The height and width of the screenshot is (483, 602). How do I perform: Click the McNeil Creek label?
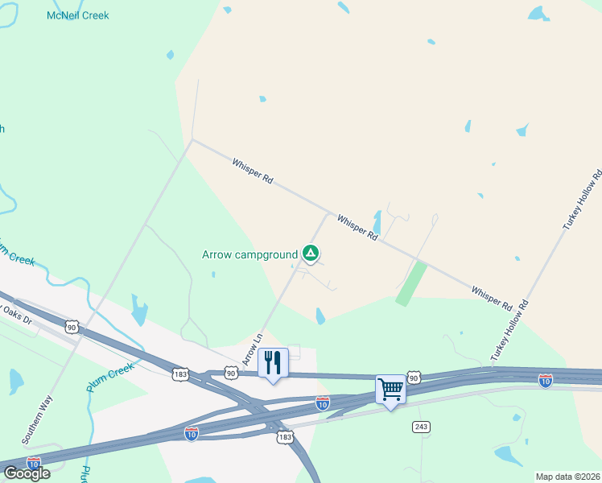pyautogui.click(x=78, y=15)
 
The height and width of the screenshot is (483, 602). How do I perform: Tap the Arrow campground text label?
pyautogui.click(x=249, y=255)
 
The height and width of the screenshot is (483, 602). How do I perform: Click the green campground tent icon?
pyautogui.click(x=311, y=254)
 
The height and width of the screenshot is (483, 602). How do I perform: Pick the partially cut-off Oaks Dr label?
pyautogui.click(x=15, y=313)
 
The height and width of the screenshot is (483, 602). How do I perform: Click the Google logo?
pyautogui.click(x=27, y=473)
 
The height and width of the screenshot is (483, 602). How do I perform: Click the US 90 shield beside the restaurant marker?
pyautogui.click(x=231, y=373)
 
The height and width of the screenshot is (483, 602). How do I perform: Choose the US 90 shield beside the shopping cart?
pyautogui.click(x=414, y=378)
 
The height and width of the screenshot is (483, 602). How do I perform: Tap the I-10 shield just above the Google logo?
pyautogui.click(x=34, y=464)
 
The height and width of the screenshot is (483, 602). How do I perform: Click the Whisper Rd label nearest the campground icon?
pyautogui.click(x=357, y=227)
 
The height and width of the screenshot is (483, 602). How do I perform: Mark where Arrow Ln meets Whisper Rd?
pyautogui.click(x=328, y=214)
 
